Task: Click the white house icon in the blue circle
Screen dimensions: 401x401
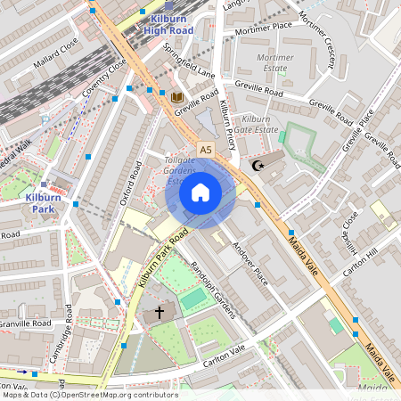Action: tap(200, 192)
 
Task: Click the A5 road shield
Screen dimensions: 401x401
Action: tap(206, 150)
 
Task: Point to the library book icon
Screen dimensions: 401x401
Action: tap(176, 96)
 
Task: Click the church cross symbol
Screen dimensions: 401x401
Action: tap(160, 313)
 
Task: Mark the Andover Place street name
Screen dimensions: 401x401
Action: tap(250, 262)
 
